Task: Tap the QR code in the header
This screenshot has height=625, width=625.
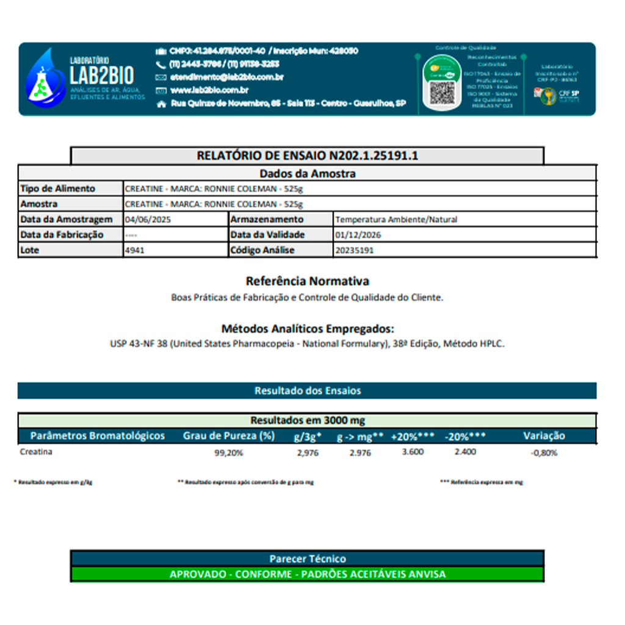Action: click(x=441, y=92)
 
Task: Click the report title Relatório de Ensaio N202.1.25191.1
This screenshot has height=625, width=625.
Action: click(x=307, y=156)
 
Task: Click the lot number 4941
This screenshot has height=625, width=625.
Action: click(x=134, y=250)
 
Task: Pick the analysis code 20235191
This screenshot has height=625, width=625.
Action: click(x=354, y=250)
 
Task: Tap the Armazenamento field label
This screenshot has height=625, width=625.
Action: click(x=267, y=219)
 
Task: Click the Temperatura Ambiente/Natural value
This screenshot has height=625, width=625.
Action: click(x=396, y=219)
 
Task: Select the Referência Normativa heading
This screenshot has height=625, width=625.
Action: click(x=307, y=281)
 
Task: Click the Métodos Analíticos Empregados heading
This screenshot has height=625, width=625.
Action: click(x=307, y=328)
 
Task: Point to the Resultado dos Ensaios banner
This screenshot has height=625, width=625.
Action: click(x=307, y=391)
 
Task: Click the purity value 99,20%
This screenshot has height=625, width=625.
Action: click(x=229, y=453)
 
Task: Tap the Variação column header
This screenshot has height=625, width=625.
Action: click(x=544, y=436)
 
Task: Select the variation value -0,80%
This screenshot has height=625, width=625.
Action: click(x=544, y=453)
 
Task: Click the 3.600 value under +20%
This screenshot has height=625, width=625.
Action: click(x=413, y=452)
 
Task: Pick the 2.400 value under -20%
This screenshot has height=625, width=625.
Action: click(x=465, y=452)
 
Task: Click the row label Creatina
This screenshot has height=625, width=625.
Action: click(x=36, y=452)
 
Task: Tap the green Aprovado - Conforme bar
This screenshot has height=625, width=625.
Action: click(x=307, y=574)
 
